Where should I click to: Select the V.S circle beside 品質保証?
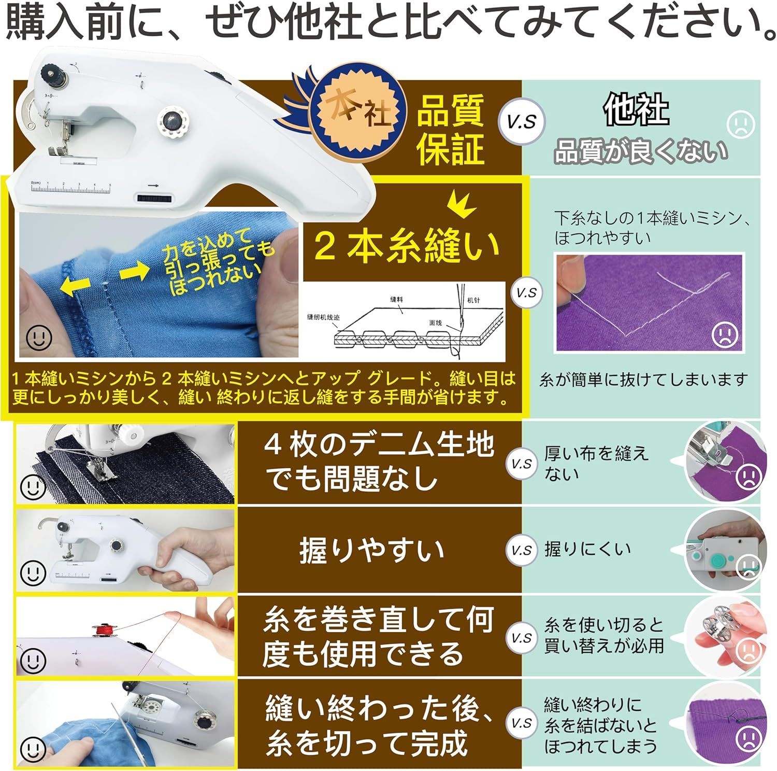point(521,121)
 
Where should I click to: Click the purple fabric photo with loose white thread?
point(650,303)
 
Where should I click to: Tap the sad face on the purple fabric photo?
point(727,334)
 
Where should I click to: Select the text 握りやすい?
point(371,550)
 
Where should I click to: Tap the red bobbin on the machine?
point(103,630)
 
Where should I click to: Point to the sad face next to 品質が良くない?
point(741,125)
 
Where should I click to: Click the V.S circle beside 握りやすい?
point(521,550)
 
